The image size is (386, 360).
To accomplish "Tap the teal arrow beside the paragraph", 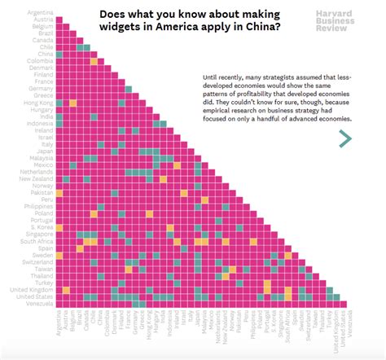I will (x=345, y=139).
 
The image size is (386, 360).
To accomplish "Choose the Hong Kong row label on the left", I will (x=37, y=104).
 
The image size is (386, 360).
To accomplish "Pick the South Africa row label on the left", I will (x=36, y=242).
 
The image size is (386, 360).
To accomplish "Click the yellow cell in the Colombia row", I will (x=94, y=60).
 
